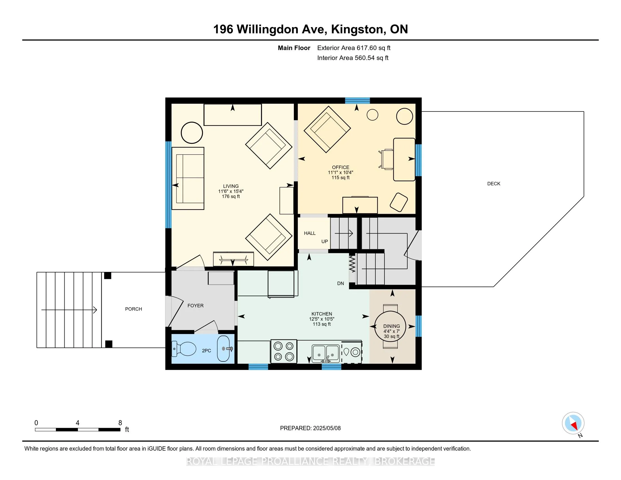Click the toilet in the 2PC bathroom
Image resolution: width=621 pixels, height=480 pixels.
click(184, 349)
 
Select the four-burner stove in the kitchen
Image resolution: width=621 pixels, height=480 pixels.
click(284, 351)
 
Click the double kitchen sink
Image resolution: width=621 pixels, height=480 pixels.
click(326, 354)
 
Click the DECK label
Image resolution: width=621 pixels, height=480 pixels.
click(494, 184)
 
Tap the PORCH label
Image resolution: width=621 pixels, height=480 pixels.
click(133, 309)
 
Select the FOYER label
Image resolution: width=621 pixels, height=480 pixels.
click(195, 306)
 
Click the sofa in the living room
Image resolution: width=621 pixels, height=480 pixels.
click(188, 178)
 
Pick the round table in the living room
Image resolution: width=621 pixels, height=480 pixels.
click(192, 132)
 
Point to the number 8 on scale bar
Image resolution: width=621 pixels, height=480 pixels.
click(120, 423)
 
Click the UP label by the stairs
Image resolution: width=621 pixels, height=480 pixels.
click(324, 241)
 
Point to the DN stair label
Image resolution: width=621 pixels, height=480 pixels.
click(340, 283)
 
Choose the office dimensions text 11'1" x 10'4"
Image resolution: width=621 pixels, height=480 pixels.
click(340, 172)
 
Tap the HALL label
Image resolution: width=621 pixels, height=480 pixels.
click(310, 233)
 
